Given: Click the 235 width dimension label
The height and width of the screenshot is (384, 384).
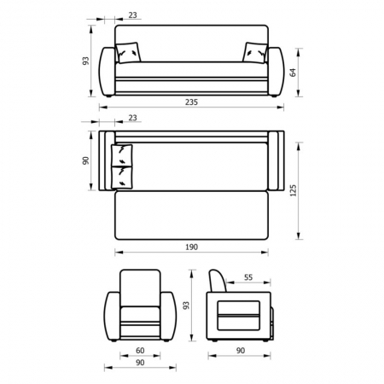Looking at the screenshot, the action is coord(191,102).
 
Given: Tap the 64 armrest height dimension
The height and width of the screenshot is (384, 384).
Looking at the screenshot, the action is coord(293,73).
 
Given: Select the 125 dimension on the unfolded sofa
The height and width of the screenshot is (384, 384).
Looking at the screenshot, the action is coord(293,190).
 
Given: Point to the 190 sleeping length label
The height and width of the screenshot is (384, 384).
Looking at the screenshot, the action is coord(191,247).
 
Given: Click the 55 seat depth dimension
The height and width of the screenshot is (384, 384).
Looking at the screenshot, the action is coord(248,277).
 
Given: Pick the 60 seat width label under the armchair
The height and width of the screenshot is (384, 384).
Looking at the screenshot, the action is coord(140,351).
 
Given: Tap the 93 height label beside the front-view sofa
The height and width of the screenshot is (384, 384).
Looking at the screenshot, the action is coord(85,61).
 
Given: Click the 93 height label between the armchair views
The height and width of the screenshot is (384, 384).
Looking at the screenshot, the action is coord(186,305).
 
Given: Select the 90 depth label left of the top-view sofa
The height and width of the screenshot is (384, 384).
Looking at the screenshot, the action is coord(85,160).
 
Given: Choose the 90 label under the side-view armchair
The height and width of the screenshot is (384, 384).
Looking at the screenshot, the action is coord(241,351).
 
